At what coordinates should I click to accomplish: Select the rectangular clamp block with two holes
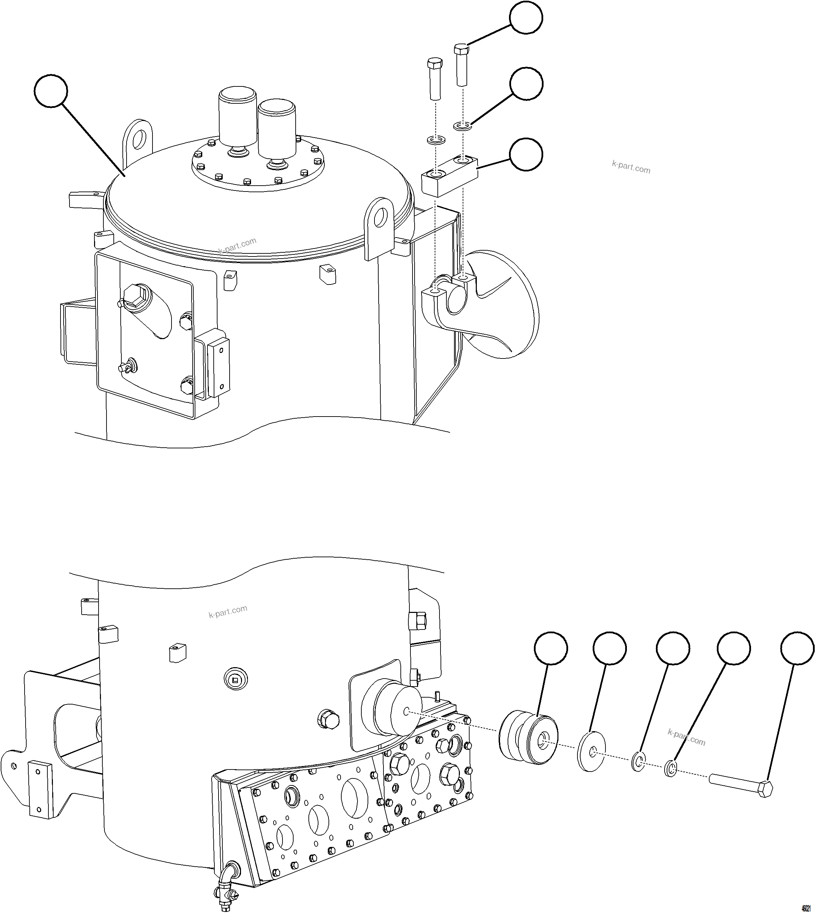tap(449, 176)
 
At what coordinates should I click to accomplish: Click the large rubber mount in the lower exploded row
tap(528, 740)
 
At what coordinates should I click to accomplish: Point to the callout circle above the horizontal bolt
tap(797, 649)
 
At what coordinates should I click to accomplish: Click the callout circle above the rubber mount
tap(551, 648)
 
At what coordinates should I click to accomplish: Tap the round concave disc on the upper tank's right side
tap(501, 304)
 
